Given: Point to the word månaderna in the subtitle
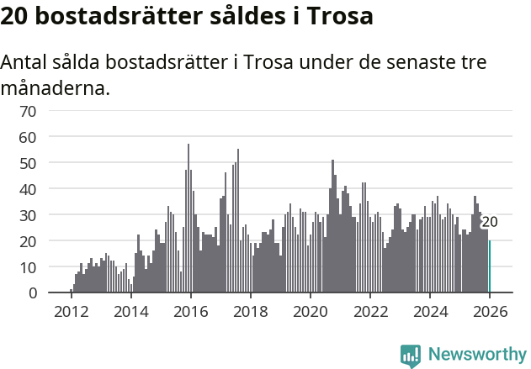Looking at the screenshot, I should point(55,87).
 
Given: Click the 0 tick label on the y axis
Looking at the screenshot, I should point(32,293).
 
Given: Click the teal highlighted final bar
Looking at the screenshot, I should point(489,267).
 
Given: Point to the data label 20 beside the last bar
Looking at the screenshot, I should point(490,222).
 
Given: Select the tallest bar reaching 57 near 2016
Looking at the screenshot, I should point(189,219).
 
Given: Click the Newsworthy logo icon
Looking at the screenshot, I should point(411,355).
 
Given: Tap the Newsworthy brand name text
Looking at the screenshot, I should point(476,355).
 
